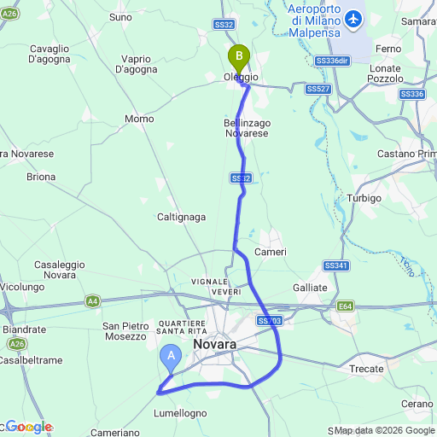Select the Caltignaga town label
(181, 217)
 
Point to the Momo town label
(138, 119)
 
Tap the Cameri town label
(273, 253)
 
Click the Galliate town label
(310, 288)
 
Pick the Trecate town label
(368, 369)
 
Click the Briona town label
(40, 178)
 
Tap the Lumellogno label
(180, 413)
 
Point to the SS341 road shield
(336, 266)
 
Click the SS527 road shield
(318, 89)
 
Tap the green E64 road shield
(345, 306)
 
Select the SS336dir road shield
(332, 61)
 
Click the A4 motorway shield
(92, 300)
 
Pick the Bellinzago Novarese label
(241, 128)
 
